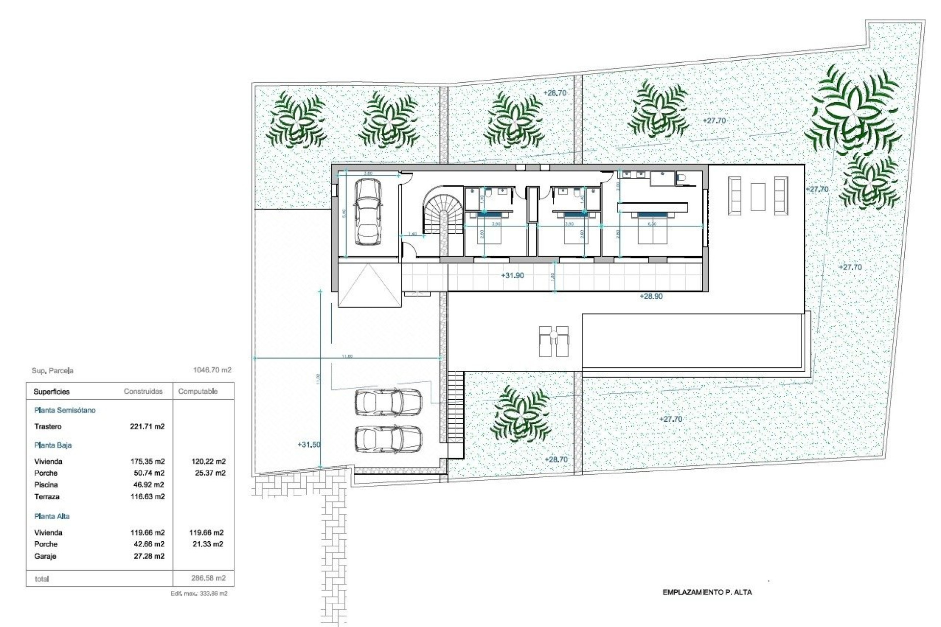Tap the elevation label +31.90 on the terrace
pyautogui.click(x=512, y=276)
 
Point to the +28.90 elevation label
pyautogui.click(x=651, y=296)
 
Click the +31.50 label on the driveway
pyautogui.click(x=309, y=445)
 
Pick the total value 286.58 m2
pyautogui.click(x=208, y=578)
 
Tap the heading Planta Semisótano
pyautogui.click(x=65, y=410)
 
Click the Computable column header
pyautogui.click(x=198, y=391)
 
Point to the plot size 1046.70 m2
pyautogui.click(x=212, y=370)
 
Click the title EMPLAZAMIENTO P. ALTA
pyautogui.click(x=707, y=592)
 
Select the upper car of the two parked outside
pyautogui.click(x=388, y=402)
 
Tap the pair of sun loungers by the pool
pyautogui.click(x=553, y=341)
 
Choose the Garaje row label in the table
pyautogui.click(x=45, y=556)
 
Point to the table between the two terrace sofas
pyautogui.click(x=758, y=196)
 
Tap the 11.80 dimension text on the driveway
pyautogui.click(x=347, y=356)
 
